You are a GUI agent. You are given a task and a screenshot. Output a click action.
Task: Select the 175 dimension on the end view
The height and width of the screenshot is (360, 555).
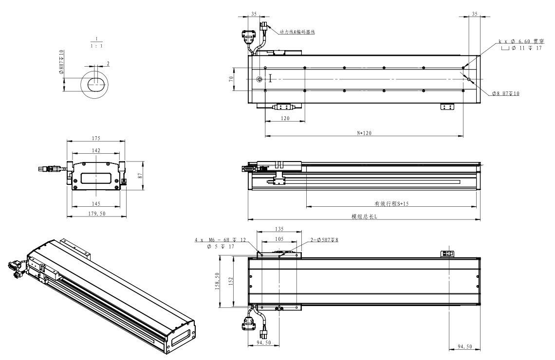coord(96,138)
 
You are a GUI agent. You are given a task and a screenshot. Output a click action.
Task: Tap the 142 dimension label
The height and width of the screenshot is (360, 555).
coord(96,151)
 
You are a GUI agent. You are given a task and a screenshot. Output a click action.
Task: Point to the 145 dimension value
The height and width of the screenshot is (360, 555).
coord(96,202)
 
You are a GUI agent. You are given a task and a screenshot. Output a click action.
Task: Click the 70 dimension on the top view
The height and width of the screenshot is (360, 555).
coord(232,79)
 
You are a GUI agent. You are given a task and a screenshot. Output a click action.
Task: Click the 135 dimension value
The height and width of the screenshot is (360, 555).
coord(279,228)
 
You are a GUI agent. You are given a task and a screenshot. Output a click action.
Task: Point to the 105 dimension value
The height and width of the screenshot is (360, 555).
coord(279,239)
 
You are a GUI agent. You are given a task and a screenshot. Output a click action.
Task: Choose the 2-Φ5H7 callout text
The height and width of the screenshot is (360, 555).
coord(324,239)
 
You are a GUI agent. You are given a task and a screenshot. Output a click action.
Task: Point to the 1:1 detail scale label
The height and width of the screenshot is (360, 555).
coord(96,47)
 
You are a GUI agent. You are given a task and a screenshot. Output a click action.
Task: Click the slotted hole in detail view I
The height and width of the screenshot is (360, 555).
coord(96,84)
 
